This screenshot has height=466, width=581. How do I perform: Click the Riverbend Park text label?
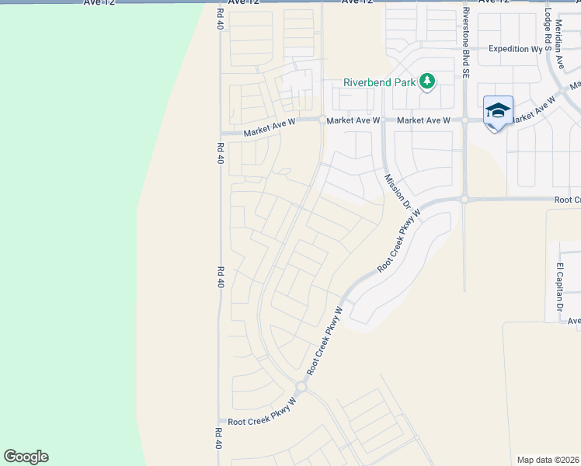pyautogui.click(x=379, y=82)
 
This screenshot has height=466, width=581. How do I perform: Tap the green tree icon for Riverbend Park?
pyautogui.click(x=426, y=82)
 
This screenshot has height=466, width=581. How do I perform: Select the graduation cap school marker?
pyautogui.click(x=497, y=110)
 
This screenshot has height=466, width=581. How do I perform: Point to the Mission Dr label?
pyautogui.click(x=397, y=192)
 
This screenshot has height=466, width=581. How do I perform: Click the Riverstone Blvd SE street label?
pyautogui.click(x=466, y=47)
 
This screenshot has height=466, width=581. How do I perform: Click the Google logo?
pyautogui.click(x=26, y=457)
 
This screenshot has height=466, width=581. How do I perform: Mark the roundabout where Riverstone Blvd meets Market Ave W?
pyautogui.click(x=464, y=120)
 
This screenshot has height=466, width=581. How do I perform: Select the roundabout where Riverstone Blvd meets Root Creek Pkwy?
pyautogui.click(x=464, y=200)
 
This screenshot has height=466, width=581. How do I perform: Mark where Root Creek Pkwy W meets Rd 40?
pyautogui.click(x=221, y=422)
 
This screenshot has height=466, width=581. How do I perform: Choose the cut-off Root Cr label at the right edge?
pyautogui.click(x=567, y=200)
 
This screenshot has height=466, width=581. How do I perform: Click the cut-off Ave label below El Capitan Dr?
pyautogui.click(x=573, y=321)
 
